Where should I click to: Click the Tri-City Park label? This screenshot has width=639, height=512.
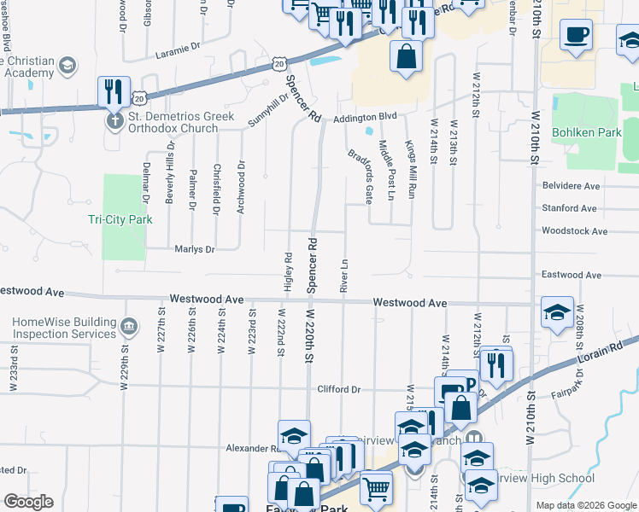pyautogui.click(x=120, y=219)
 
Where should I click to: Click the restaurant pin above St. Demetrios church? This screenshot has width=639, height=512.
pyautogui.click(x=113, y=91)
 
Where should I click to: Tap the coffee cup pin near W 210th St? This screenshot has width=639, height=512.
pyautogui.click(x=576, y=37)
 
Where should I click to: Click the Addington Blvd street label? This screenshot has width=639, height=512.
pyautogui.click(x=366, y=117)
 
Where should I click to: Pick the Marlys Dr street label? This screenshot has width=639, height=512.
pyautogui.click(x=194, y=249)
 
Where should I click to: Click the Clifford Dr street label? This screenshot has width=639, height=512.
pyautogui.click(x=339, y=389)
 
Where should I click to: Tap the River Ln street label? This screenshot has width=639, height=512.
pyautogui.click(x=344, y=276)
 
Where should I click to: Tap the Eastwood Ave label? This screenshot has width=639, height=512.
pyautogui.click(x=572, y=275)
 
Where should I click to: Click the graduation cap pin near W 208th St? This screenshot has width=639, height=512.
pyautogui.click(x=557, y=312)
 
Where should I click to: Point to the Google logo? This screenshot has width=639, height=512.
pyautogui.click(x=28, y=502)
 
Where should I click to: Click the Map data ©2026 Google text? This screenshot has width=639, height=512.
pyautogui.click(x=585, y=505)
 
